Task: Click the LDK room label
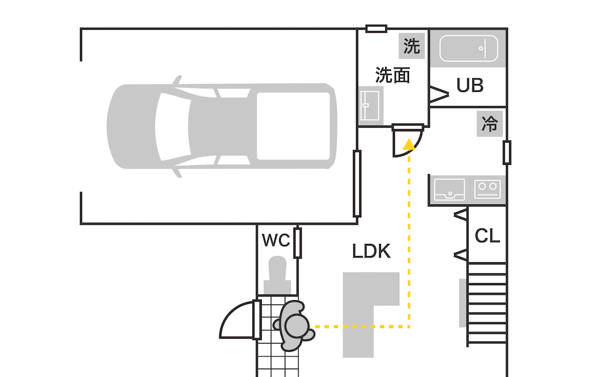coord(372,252)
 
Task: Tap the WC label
coord(275,240)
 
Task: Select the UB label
coord(470,85)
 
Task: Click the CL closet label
coord(487,236)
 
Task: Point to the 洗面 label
coord(393,75)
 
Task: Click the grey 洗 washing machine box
coord(412,46)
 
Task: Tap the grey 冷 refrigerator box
coord(489,124)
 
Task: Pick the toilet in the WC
coord(277,276)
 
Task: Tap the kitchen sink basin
coord(449,190)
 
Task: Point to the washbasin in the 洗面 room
coord(370,105)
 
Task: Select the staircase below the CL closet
coord(487,303)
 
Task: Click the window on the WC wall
coord(298,242)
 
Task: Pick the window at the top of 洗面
coord(376,28)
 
